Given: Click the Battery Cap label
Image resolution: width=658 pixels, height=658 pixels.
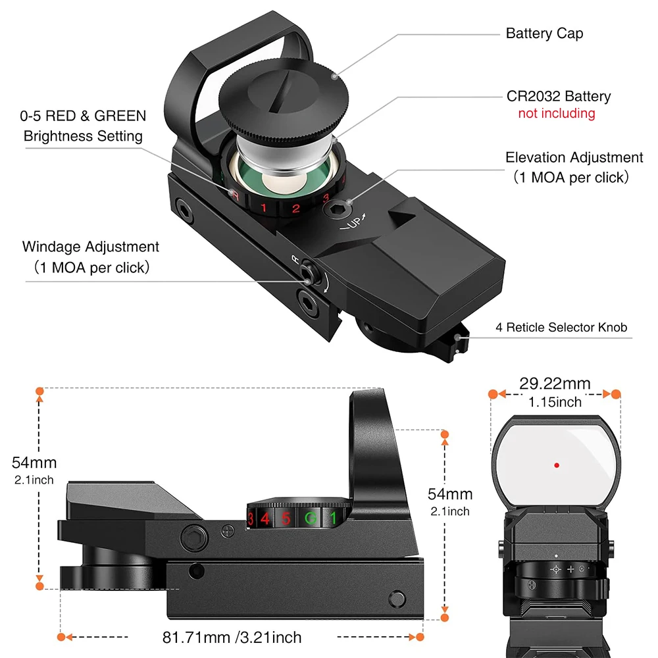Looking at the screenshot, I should coord(544,34).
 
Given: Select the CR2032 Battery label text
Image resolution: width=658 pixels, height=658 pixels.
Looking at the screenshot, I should coord(558,97).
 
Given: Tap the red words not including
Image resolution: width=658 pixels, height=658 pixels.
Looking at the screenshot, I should coord(556,113).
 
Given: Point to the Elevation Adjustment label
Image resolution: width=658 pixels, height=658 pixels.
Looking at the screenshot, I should coord(574,158).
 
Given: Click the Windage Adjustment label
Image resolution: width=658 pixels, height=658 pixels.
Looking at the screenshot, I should coord(91,247).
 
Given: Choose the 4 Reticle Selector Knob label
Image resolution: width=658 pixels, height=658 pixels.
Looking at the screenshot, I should coord(561,327).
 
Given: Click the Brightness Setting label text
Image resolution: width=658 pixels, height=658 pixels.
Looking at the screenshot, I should coord(83,136).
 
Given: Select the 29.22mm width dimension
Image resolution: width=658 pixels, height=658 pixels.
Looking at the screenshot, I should coord(555,384).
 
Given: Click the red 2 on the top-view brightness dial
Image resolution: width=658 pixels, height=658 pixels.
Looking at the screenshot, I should coord(296,210).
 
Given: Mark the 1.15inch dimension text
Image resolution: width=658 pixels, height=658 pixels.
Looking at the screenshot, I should coord(555,401).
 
